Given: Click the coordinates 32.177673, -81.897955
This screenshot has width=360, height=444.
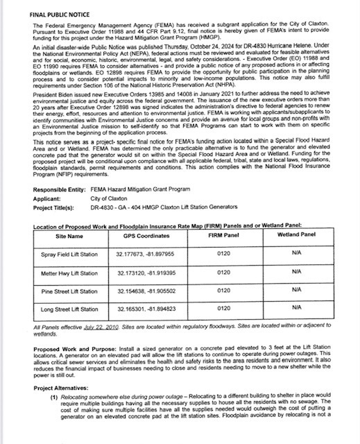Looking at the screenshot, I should click(146, 254).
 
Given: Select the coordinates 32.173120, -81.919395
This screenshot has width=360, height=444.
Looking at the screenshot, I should click(146, 273).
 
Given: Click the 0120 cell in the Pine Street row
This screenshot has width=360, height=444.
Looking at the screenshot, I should click(223, 291).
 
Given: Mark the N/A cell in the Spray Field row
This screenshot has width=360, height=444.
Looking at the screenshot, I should click(298, 254).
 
